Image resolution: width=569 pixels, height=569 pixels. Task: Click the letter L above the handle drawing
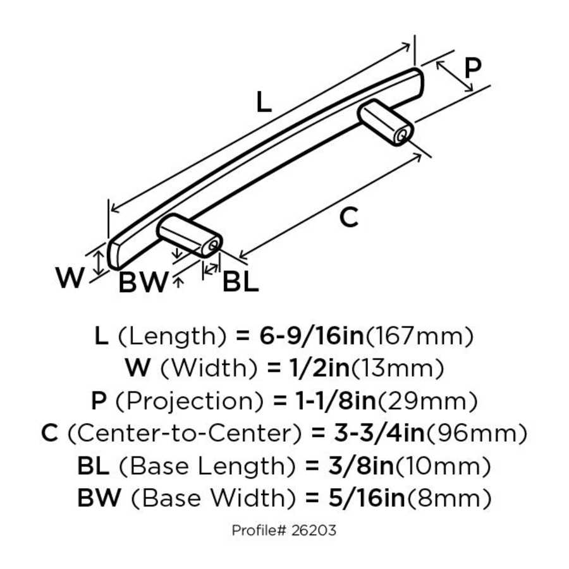tap(264, 102)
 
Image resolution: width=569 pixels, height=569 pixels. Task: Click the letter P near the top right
tap(472, 67)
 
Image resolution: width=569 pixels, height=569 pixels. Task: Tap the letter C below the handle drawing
tap(348, 218)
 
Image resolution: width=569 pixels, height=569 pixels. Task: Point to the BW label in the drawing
tap(144, 283)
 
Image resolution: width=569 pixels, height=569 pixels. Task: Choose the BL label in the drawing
tap(240, 283)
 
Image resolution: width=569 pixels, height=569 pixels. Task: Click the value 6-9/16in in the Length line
tap(311, 336)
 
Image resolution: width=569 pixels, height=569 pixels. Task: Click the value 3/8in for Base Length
tap(350, 467)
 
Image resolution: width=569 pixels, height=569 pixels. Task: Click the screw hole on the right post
tap(401, 134)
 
